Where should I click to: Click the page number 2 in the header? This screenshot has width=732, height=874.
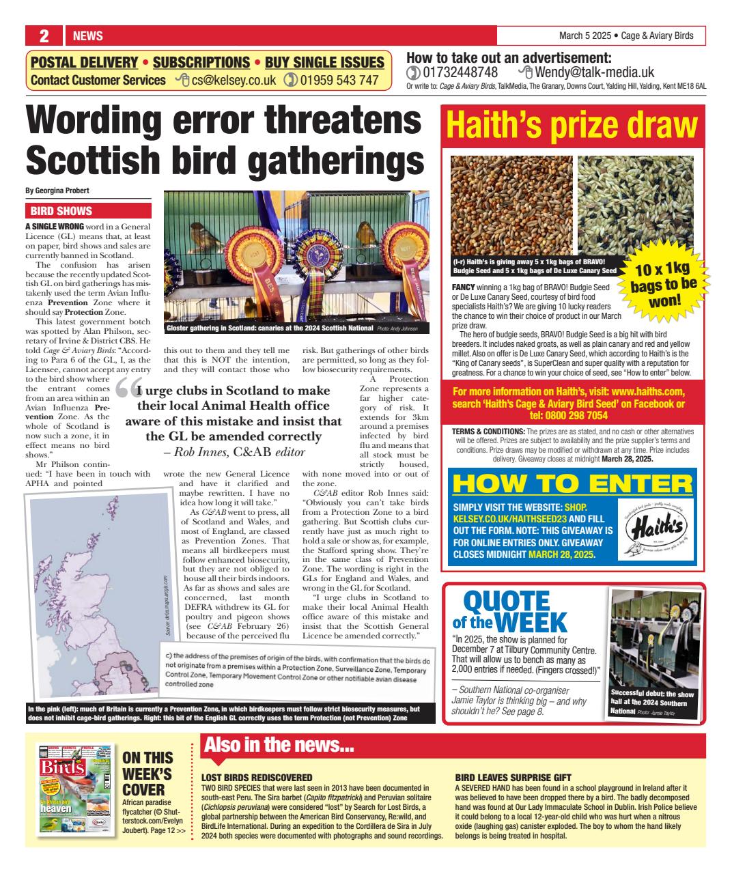coord(42,36)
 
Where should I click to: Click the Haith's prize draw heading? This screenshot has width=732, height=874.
coord(572,126)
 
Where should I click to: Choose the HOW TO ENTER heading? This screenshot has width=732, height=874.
coord(572,483)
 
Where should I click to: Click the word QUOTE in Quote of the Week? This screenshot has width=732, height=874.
coord(501,602)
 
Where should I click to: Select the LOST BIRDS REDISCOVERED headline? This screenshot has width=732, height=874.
coord(257,778)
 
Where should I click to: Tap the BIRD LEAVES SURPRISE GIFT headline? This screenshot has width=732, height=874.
coord(513,778)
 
